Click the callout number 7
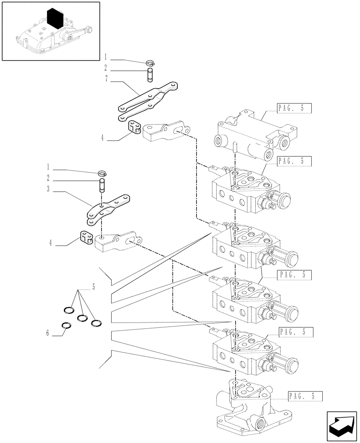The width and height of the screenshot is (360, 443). click(106, 80)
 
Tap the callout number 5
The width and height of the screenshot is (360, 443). click(94, 288)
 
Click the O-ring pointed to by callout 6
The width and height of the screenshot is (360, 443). click(66, 326)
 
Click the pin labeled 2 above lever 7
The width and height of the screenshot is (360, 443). click(150, 72)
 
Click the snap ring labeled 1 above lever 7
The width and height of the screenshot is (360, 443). click(150, 63)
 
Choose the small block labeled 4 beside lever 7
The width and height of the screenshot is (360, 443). click(134, 127)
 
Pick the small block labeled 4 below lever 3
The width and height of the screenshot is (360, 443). click(86, 237)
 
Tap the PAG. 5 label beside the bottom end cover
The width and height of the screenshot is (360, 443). click(304, 396)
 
